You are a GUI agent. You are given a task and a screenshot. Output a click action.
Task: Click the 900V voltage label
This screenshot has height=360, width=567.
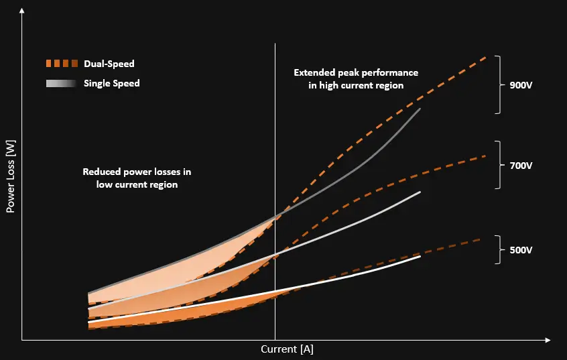[520, 85]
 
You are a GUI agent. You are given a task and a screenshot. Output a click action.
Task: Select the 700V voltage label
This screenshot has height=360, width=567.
[520, 165]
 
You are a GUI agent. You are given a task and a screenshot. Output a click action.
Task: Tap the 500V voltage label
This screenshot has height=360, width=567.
[520, 250]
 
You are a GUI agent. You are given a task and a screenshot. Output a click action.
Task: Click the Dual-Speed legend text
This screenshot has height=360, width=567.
[109, 64]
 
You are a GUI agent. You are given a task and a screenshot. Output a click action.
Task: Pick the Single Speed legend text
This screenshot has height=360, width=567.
[112, 83]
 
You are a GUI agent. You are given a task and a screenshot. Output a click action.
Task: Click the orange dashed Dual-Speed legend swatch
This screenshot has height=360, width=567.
[62, 64]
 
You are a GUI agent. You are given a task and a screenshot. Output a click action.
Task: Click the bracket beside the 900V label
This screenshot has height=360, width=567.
[498, 84]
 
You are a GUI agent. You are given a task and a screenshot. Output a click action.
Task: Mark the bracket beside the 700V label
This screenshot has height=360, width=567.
[498, 165]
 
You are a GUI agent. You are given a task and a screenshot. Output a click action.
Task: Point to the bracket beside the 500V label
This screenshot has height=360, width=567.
[498, 249]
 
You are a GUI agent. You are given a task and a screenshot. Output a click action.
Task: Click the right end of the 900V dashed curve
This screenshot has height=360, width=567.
[487, 56]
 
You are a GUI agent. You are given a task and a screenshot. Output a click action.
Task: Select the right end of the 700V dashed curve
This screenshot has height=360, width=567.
[486, 156]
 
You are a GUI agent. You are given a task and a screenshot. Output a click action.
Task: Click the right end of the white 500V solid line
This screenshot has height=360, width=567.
[420, 256]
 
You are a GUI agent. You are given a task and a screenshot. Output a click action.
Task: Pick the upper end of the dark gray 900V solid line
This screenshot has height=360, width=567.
[420, 109]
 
